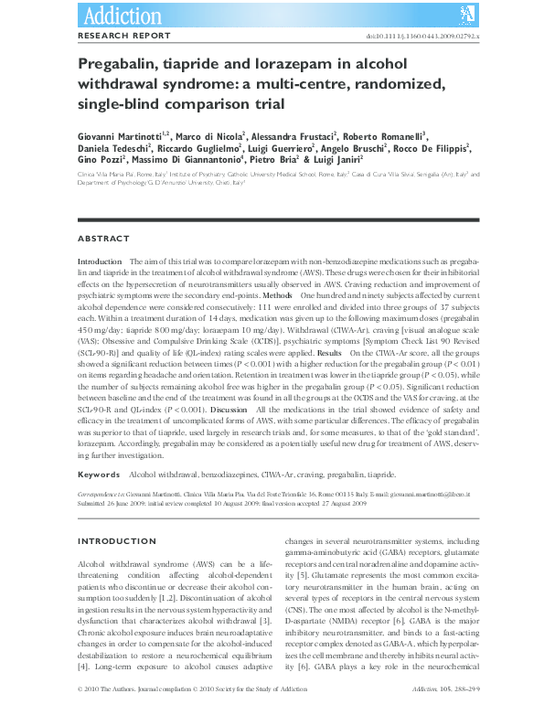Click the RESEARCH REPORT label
pyautogui.click(x=123, y=36)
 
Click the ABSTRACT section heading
pyautogui.click(x=103, y=239)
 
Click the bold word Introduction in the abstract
pyautogui.click(x=101, y=261)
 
